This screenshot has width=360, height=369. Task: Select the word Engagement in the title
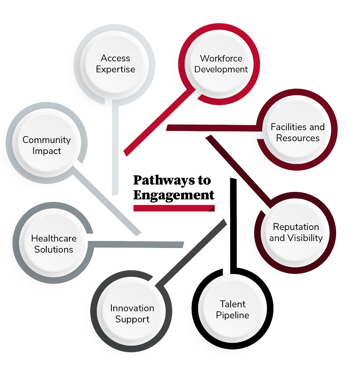pos(173,195)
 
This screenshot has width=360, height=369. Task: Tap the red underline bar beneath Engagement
pos(173,208)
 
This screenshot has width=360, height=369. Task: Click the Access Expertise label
pos(115,64)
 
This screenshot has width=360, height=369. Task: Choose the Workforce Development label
pos(221,64)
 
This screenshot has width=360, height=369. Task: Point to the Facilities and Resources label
pos(298,132)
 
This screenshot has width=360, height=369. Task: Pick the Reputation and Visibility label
pos(296,232)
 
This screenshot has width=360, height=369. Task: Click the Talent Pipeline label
pos(232,310)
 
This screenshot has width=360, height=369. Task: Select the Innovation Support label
pos(132,314)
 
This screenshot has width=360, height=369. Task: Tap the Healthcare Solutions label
pos(54,244)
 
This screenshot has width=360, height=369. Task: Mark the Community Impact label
pos(47,145)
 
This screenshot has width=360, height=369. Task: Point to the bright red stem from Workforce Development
pos(158,121)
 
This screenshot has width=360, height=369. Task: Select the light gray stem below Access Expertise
pos(115,147)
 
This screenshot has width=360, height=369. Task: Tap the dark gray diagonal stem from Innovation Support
pos(191,253)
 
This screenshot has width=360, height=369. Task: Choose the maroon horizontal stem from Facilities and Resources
pos(213,128)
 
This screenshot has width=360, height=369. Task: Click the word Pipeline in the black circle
pos(232,315)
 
